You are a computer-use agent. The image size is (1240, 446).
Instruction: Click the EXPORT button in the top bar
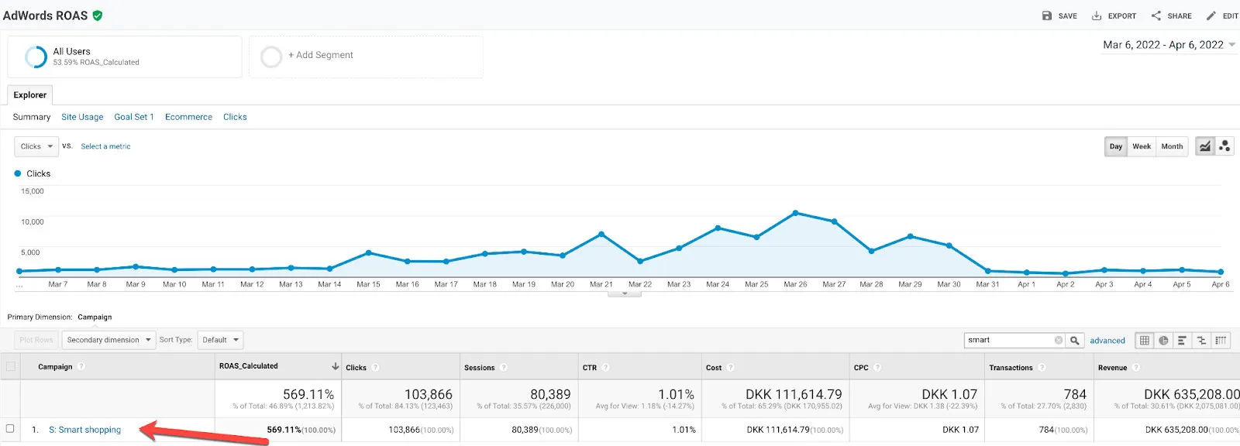click(1114, 16)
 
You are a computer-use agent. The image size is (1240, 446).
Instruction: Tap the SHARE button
click(1171, 16)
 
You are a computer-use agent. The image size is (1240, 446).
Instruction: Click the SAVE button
click(1059, 16)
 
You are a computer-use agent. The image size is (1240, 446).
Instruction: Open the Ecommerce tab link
click(188, 117)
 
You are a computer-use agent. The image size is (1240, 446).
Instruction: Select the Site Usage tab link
click(82, 117)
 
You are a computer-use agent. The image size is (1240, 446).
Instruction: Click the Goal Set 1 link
click(134, 117)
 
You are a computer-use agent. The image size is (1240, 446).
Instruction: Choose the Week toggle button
click(1142, 146)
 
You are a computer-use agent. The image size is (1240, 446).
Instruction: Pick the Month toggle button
click(1172, 146)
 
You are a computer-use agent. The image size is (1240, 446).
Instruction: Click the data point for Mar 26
click(795, 213)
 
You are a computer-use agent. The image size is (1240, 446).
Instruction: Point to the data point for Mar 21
click(601, 235)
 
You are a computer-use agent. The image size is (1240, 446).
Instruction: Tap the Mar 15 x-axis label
click(368, 284)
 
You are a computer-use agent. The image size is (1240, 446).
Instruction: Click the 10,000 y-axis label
click(32, 222)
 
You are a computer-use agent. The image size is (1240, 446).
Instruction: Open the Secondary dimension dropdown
click(108, 340)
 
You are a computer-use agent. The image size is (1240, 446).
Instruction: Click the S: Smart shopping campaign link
click(84, 430)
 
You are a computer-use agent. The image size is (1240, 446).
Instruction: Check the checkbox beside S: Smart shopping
click(10, 429)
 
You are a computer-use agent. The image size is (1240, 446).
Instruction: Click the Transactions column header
click(1011, 368)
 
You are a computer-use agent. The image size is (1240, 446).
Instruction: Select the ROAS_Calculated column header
click(249, 365)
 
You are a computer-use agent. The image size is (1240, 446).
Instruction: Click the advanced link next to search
click(1107, 341)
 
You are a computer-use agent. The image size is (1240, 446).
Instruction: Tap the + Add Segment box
click(366, 57)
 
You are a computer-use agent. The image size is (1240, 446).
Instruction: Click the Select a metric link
click(105, 146)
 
